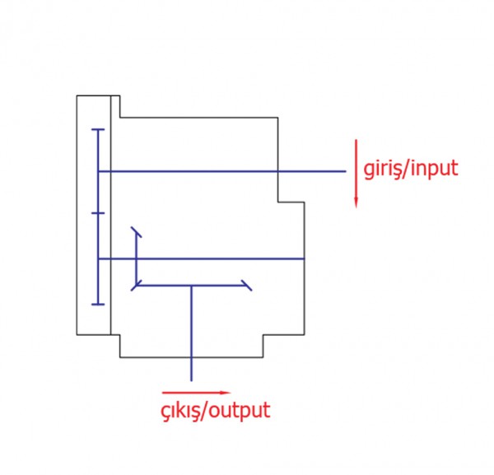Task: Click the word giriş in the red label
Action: point(381,170)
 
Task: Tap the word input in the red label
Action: point(433,170)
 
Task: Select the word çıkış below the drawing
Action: point(183,409)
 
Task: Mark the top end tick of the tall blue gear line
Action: point(98,129)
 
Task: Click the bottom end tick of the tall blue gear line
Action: point(98,305)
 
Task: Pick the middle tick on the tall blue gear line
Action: point(98,213)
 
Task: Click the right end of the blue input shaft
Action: point(346,171)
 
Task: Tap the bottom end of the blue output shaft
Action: point(191,380)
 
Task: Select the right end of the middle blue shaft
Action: point(305,259)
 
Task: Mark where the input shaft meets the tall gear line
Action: point(98,171)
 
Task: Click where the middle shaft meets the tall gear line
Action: point(98,259)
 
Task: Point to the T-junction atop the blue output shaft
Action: point(191,286)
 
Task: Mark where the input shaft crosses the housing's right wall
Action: point(277,171)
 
